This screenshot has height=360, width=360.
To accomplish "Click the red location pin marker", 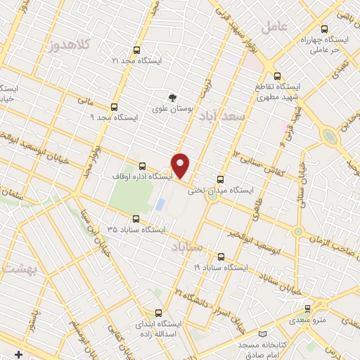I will point(181,165).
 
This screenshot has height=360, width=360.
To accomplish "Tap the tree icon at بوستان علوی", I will point(171,98).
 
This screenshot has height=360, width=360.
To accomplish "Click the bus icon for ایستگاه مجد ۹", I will point(114,107).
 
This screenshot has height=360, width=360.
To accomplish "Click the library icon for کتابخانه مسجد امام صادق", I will point(263,334).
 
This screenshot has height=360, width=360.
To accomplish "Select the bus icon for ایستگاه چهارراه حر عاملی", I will point(324,29).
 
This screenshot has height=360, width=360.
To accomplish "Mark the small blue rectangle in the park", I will point(160,205).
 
